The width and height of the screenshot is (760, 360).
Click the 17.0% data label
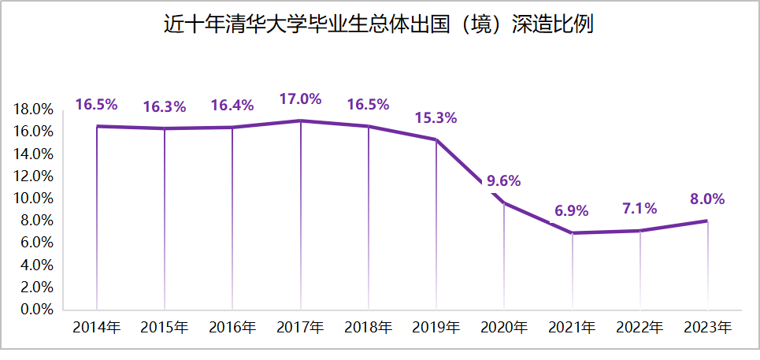coord(300,99)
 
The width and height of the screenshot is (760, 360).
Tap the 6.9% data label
coord(572,211)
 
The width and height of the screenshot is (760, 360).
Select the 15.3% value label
coord(436,118)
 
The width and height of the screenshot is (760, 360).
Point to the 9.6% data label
coord(504,181)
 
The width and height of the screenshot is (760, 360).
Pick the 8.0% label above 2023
coord(706,199)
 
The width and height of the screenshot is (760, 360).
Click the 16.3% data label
coord(164,106)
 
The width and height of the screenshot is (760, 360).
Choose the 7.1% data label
coord(639,209)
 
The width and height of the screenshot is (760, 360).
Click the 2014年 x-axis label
coord(96,327)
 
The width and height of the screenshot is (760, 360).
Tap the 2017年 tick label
coord(300,327)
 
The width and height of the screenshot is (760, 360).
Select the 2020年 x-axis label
coord(504,327)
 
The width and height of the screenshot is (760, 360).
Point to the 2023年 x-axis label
coord(707,327)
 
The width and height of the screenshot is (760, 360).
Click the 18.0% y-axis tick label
coord(33,109)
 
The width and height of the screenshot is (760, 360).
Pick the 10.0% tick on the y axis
coord(33,198)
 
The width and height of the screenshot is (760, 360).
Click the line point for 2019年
coord(436,139)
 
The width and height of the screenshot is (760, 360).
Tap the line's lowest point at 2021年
coord(572,233)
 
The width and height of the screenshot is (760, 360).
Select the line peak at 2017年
coord(300,121)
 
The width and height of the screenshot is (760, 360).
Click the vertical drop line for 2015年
coord(165,221)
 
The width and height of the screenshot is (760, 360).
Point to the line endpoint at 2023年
coord(706,221)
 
